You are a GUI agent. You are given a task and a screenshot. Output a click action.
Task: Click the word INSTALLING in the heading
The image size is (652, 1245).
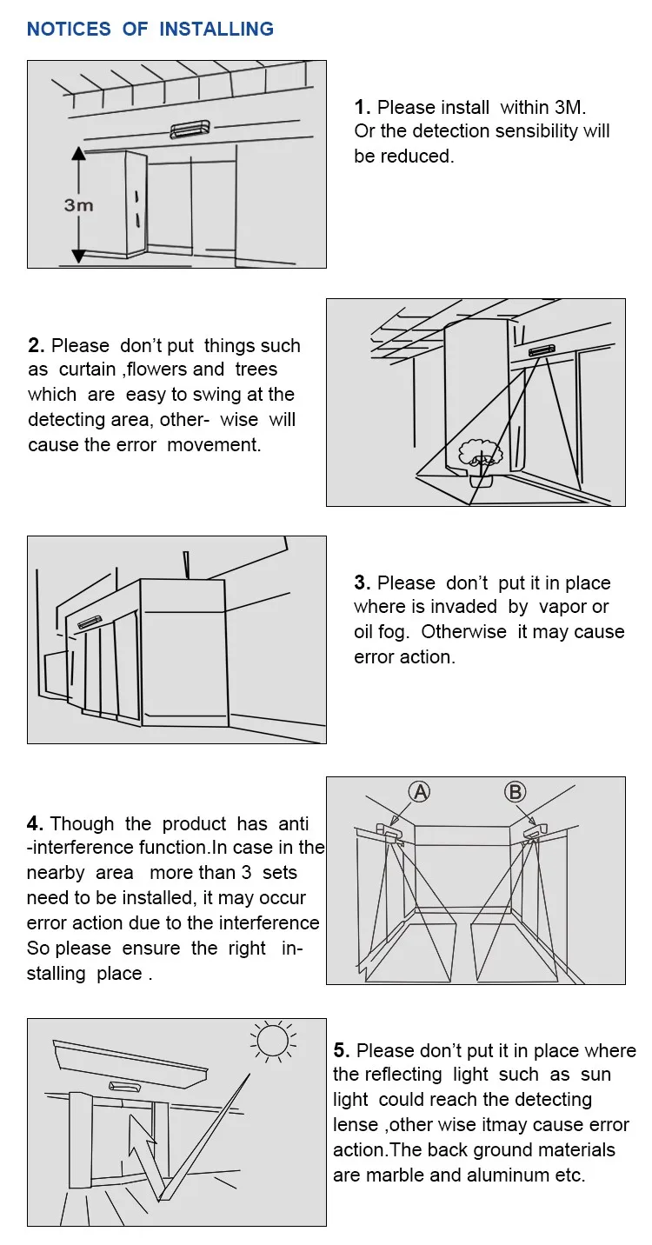tap(216, 29)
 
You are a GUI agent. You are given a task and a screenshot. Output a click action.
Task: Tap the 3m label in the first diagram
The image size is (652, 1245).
tap(78, 205)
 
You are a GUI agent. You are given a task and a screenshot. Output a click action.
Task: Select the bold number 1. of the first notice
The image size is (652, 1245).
tap(363, 107)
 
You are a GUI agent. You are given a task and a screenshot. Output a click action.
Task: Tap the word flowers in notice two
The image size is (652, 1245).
tap(158, 370)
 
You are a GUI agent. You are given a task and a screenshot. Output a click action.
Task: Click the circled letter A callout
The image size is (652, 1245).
tap(420, 791)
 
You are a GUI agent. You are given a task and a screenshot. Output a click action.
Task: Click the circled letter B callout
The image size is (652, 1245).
tap(516, 791)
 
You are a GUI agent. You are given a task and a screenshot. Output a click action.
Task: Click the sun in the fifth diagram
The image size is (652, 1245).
tap(274, 1039)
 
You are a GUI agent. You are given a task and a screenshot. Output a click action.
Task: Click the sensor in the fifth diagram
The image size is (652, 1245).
tap(125, 1086)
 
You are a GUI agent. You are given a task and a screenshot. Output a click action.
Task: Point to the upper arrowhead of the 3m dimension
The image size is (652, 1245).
tap(78, 153)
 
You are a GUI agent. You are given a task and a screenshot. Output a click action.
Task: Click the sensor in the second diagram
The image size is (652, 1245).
tap(541, 350)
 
